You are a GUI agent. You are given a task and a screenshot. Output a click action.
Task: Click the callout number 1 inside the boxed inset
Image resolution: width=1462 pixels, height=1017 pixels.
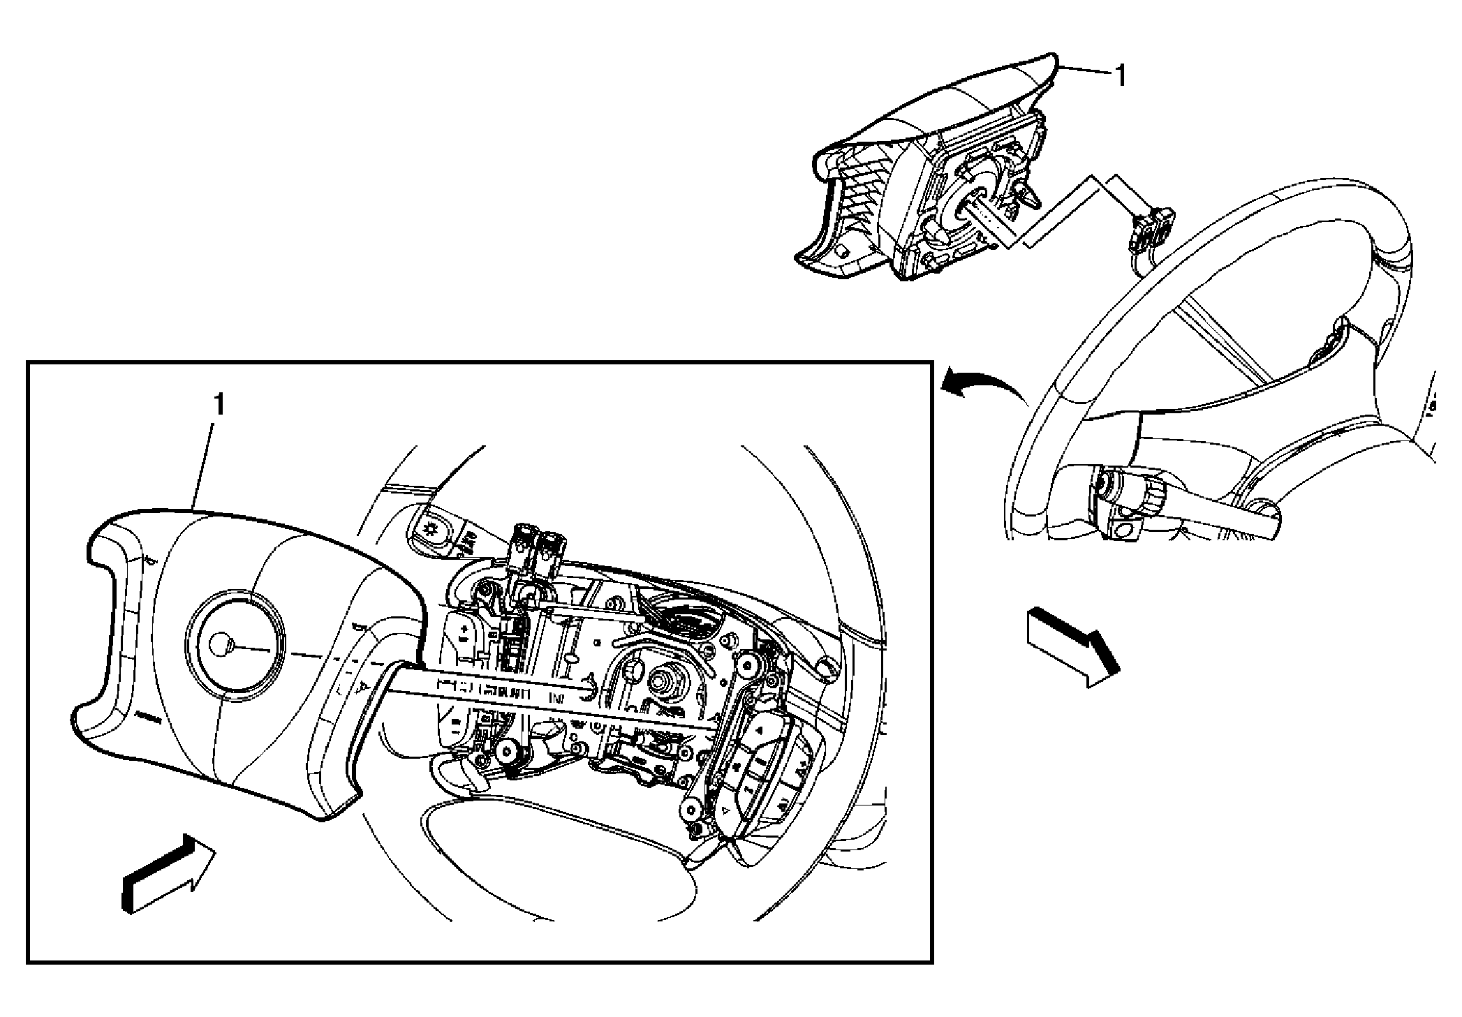pyautogui.click(x=219, y=405)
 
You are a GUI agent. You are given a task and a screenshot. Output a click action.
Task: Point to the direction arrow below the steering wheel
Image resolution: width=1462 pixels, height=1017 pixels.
pyautogui.click(x=1072, y=646)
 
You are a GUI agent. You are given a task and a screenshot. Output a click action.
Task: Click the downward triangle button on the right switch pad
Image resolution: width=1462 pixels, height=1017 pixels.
pyautogui.click(x=726, y=811)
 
